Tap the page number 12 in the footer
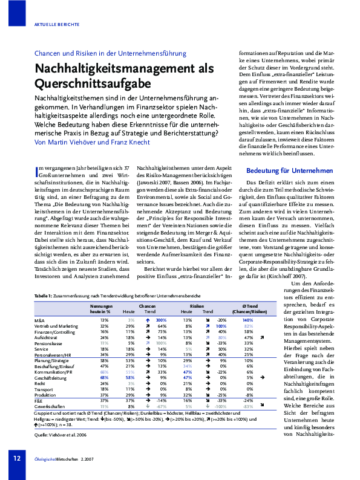(17, 458)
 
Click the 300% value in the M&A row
(161, 319)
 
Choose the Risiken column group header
(197, 306)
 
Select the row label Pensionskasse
(48, 342)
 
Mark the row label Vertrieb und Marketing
(56, 325)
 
